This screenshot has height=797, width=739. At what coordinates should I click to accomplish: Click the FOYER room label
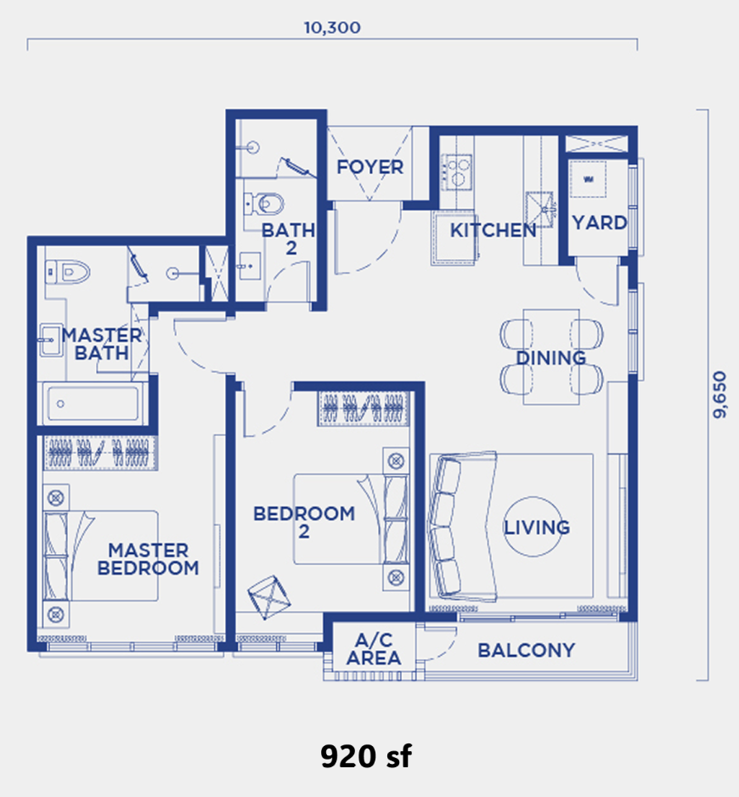[370, 167]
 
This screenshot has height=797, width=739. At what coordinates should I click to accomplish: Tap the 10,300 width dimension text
[332, 27]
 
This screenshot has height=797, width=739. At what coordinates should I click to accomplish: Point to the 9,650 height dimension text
[719, 395]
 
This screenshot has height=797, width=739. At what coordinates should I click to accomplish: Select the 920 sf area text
[366, 756]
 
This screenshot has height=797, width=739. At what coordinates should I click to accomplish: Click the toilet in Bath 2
[264, 204]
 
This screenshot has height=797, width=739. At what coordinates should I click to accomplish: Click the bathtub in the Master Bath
[93, 404]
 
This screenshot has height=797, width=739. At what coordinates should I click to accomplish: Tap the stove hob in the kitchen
[456, 172]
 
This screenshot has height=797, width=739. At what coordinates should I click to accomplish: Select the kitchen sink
[539, 209]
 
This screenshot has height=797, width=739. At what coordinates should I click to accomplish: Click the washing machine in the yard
[588, 179]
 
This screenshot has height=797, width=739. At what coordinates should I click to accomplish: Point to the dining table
[551, 357]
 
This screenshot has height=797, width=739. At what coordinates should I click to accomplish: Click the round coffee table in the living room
[533, 527]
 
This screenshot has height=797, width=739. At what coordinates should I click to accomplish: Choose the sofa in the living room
[463, 526]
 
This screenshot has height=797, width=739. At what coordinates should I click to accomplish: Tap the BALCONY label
[527, 650]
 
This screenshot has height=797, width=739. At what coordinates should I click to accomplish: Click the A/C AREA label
[374, 649]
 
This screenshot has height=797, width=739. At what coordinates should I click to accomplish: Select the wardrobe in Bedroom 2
[364, 408]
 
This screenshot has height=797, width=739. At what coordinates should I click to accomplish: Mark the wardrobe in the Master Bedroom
[100, 452]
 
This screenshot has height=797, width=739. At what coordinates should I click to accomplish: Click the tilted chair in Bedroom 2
[269, 597]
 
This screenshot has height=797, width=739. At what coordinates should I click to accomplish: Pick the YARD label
[600, 223]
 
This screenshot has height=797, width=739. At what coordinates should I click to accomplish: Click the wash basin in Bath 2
[250, 266]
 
